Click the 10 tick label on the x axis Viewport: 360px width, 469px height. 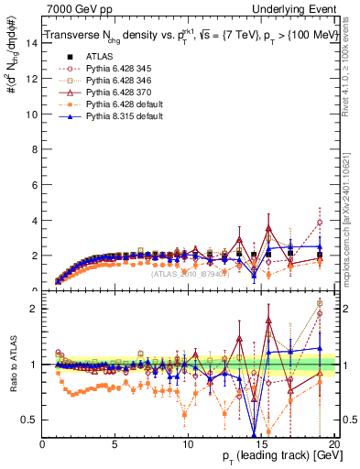[x=187, y=444]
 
